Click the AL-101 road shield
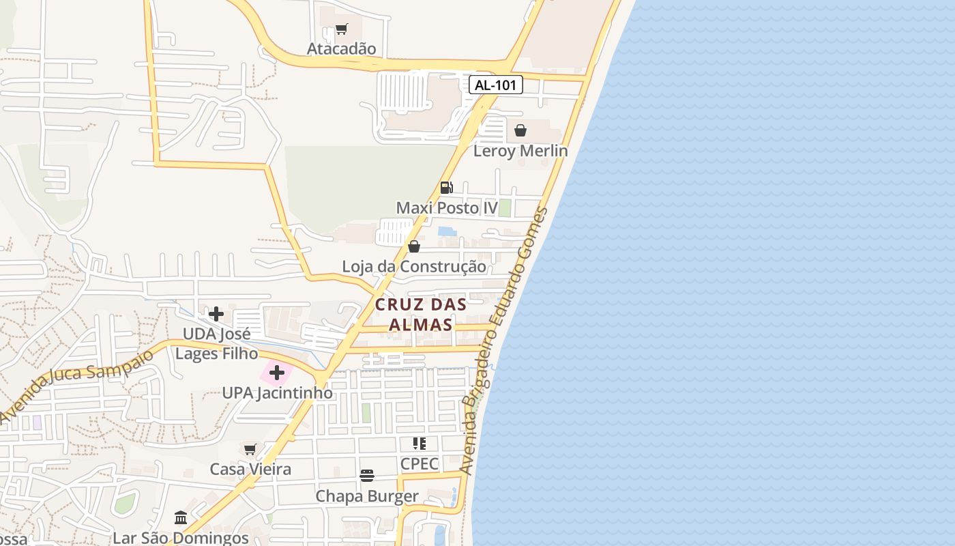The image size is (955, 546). pos(496,85)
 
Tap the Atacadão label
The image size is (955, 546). pos(341,48)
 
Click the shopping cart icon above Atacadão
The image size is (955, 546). pos(341,29)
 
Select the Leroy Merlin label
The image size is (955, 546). pos(520,151)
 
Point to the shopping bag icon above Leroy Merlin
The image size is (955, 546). pos(520,130)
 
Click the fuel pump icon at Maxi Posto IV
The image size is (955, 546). pos(446,187)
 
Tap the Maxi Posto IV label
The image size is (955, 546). pos(447,207)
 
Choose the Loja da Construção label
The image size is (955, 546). pos(414,266)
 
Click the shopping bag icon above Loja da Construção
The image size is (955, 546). pos(414,246)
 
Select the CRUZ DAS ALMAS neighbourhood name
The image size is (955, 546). pos(420,315)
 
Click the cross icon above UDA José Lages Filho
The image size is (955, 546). pos(216,314)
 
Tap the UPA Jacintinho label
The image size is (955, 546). pos(278,393)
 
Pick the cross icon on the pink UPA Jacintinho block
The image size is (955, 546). pos(277,373)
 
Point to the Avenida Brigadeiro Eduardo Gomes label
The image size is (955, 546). pos(504,341)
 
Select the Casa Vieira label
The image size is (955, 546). pos(250,469)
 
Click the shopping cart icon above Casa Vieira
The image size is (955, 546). pos(250,449)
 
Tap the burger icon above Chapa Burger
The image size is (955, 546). pos(367,476)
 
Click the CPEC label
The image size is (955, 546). pos(420,463)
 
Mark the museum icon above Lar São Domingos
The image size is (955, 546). pos(181,518)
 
